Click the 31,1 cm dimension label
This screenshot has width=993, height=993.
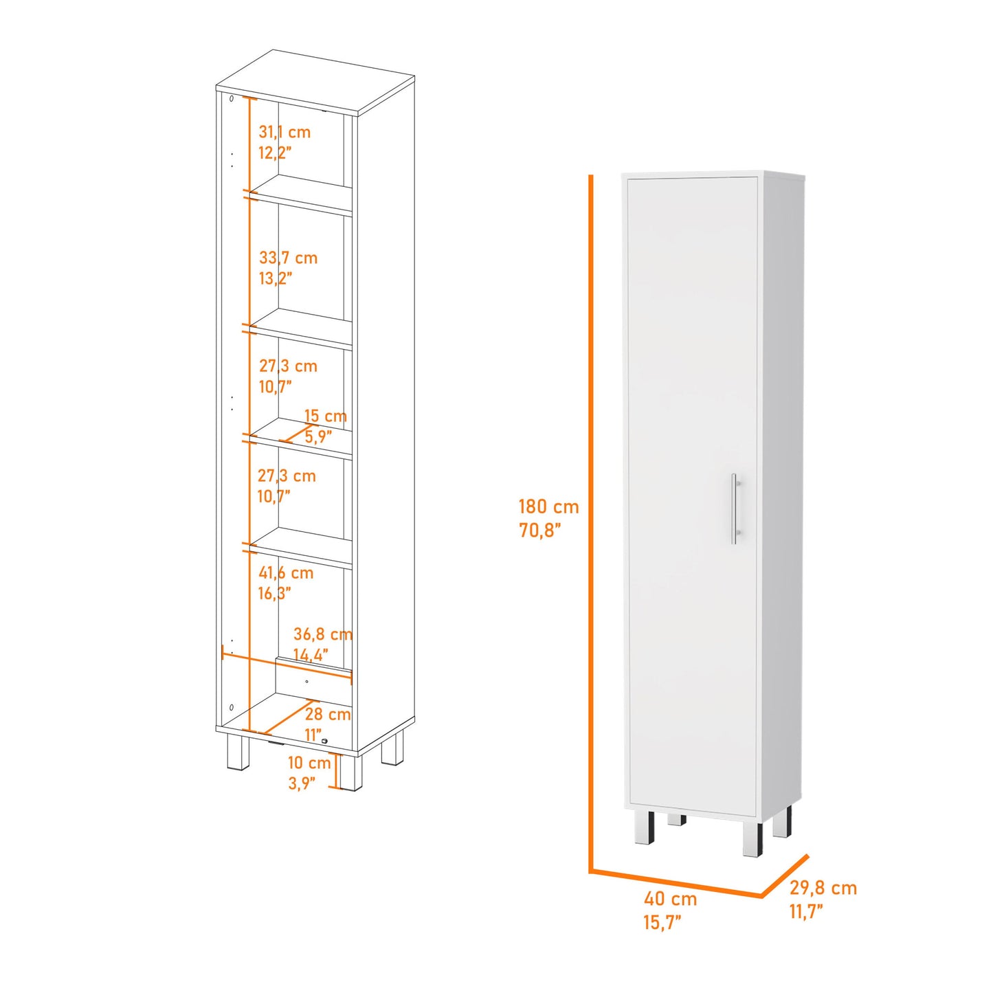[284, 133]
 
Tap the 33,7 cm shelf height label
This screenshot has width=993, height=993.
[288, 258]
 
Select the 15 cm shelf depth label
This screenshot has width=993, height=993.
[325, 415]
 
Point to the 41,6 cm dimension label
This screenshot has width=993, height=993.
[286, 572]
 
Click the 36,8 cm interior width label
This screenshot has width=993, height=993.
[322, 634]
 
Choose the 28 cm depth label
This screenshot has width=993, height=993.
[328, 714]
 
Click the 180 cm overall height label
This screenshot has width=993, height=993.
[549, 506]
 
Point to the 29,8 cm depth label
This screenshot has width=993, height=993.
[823, 888]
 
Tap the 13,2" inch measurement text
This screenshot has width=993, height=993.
[276, 279]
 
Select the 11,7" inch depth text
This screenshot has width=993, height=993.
[807, 911]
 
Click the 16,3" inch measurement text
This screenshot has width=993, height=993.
[275, 594]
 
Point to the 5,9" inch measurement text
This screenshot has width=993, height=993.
[318, 437]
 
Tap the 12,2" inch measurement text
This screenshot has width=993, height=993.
[275, 153]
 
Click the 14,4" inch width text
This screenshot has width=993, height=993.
[311, 655]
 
